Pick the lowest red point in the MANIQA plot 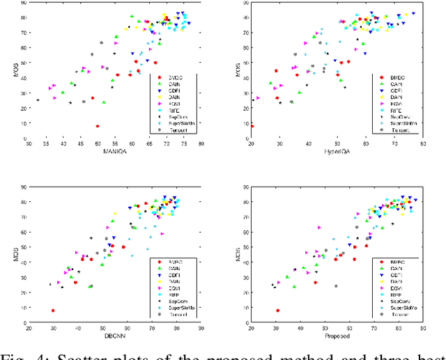(x=97, y=126)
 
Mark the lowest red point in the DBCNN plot (x=53, y=311)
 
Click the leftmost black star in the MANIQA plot (x=38, y=100)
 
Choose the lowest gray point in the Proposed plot (x=336, y=285)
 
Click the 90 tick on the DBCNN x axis (x=201, y=325)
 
